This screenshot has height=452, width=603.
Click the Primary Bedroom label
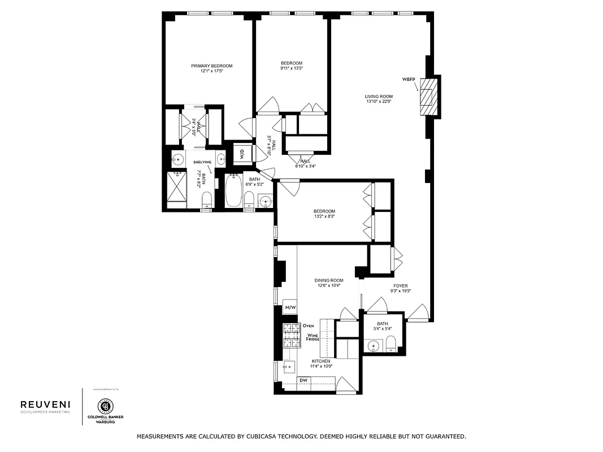coord(211,66)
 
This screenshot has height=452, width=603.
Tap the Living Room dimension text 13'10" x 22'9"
coord(379,102)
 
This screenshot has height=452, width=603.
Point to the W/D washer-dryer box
coord(242,154)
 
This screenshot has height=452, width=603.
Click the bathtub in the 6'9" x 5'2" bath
coord(233,192)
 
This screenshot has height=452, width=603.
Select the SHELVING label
coord(202,162)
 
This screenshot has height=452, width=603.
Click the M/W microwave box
coord(290,307)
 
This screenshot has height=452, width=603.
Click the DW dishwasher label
coord(303,380)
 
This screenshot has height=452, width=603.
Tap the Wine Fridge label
coord(313,337)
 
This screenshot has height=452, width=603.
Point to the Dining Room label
coord(329,280)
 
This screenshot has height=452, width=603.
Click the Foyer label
coord(400,286)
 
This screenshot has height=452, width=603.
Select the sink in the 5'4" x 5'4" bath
coord(373,345)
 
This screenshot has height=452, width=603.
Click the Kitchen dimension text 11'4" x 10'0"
coord(321,366)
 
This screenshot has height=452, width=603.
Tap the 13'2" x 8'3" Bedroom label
coord(324,211)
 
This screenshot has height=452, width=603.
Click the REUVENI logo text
coord(45,404)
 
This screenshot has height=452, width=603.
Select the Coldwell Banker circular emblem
coord(105,406)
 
